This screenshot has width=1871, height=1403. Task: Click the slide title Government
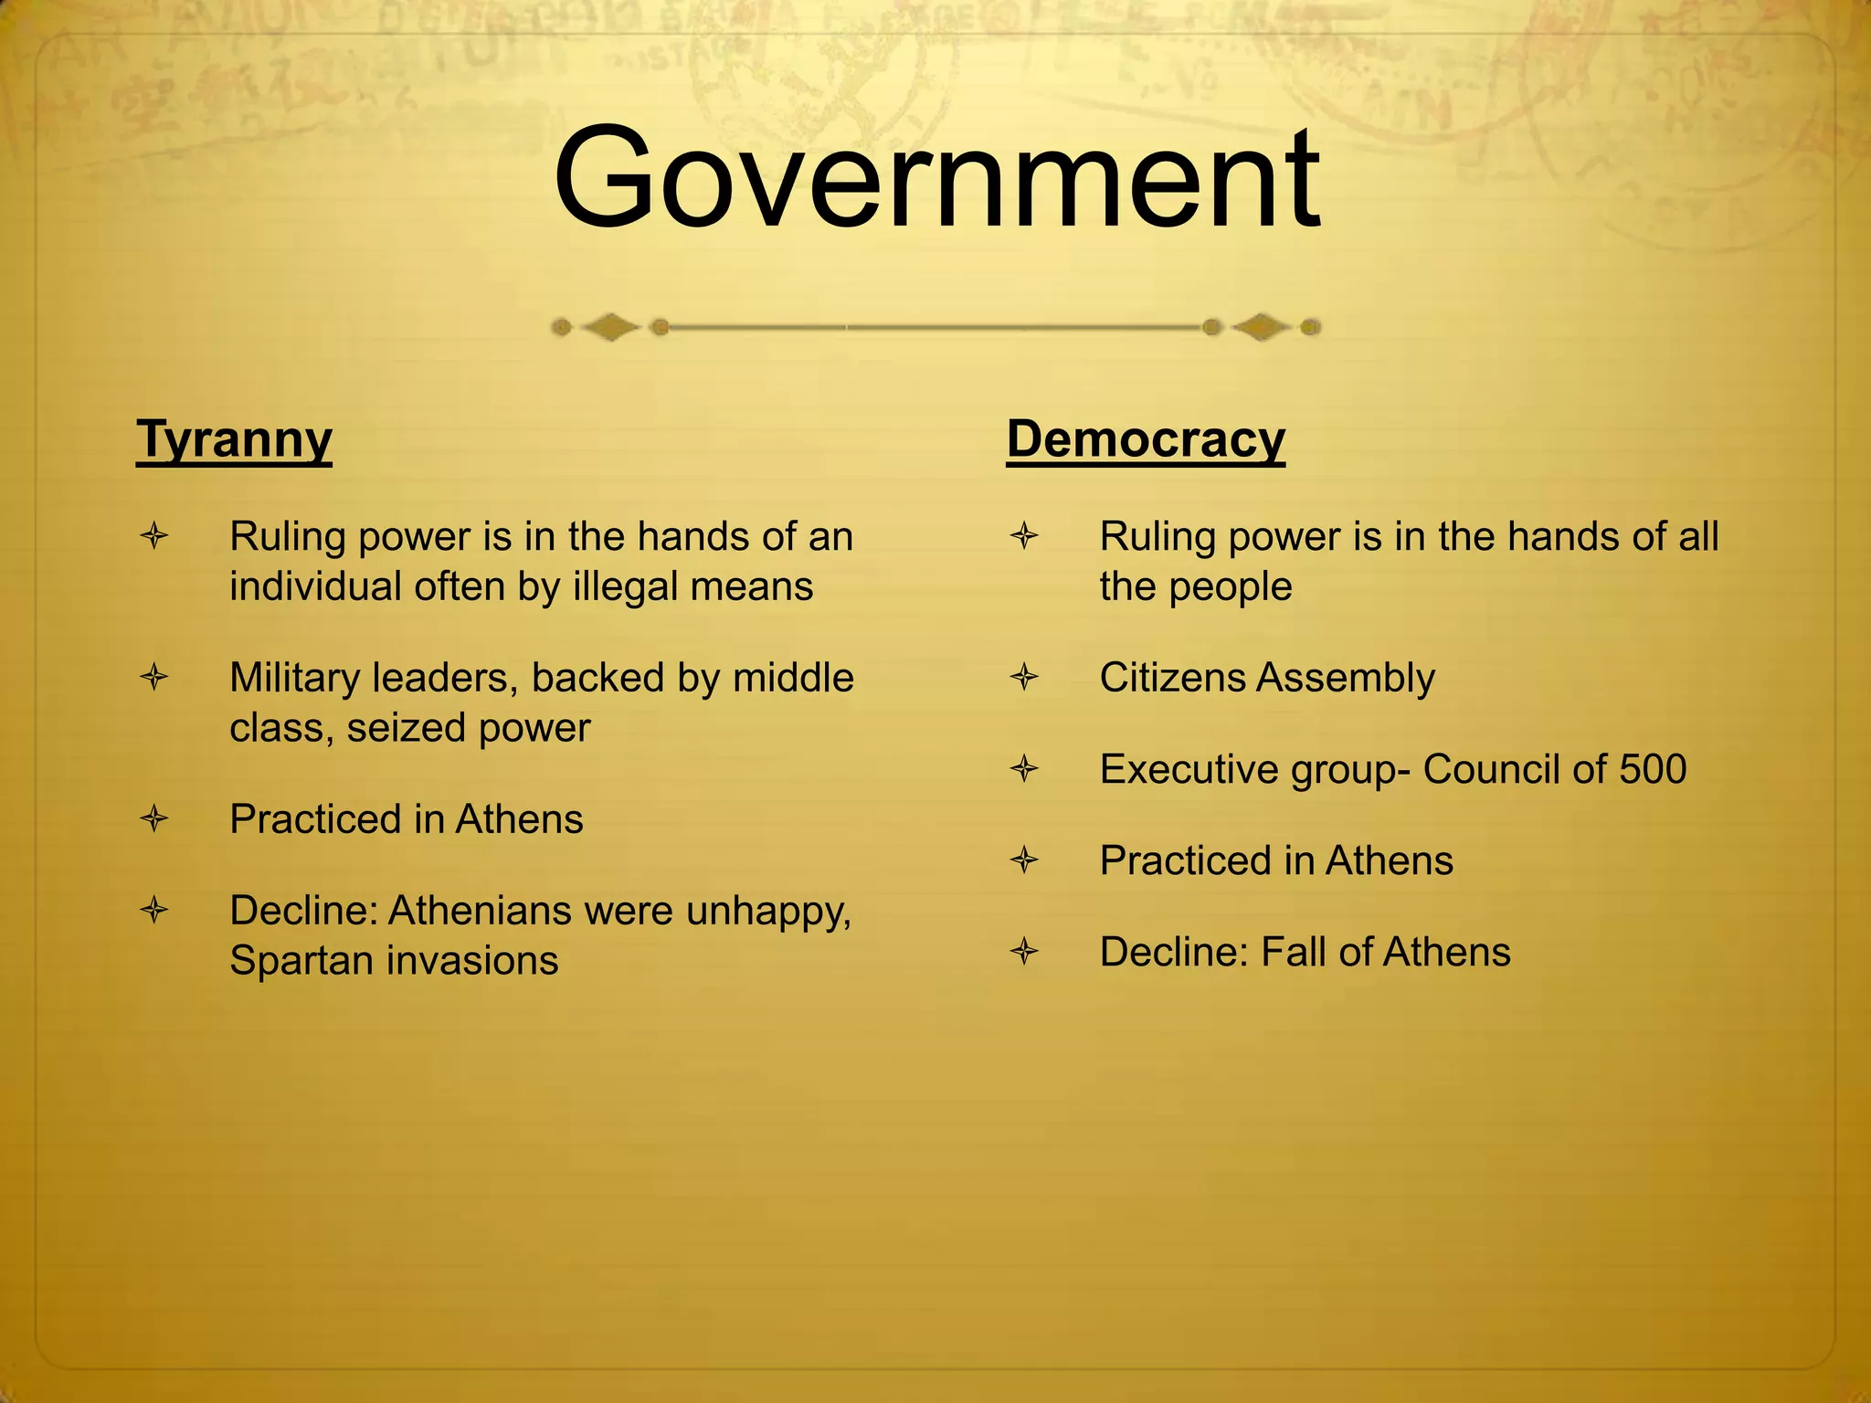[935, 180]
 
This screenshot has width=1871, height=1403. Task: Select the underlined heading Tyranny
[234, 439]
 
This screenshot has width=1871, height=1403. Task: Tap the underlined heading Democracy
[1146, 439]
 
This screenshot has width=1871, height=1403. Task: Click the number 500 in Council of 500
[1653, 769]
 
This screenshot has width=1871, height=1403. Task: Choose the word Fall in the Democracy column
[1293, 952]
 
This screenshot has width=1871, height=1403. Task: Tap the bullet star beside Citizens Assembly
[1024, 678]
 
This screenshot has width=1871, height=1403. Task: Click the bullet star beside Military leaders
[154, 678]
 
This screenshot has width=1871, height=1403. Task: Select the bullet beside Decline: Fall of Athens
[1024, 953]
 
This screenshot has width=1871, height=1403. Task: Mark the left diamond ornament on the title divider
[610, 327]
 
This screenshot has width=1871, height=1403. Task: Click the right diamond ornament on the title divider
[1261, 327]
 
